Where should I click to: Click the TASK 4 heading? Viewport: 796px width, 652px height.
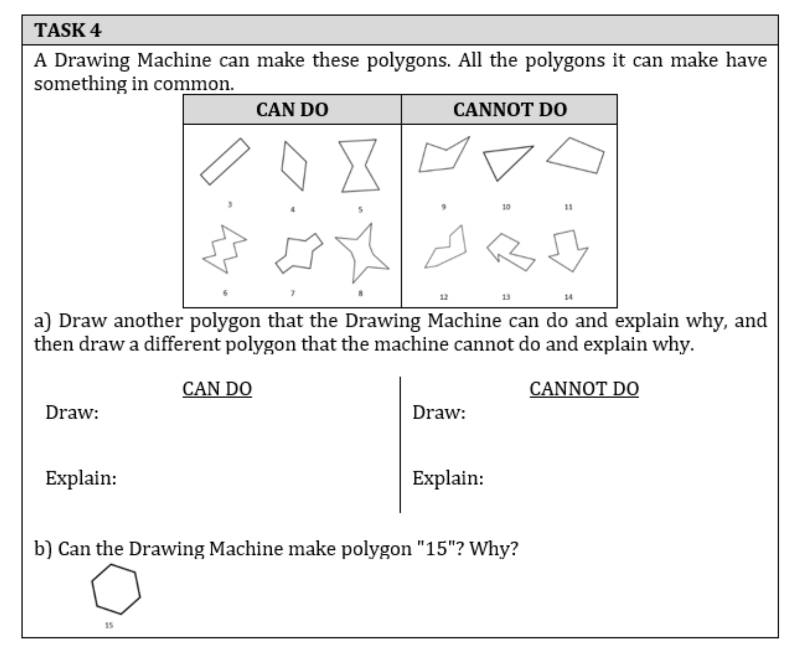pyautogui.click(x=68, y=31)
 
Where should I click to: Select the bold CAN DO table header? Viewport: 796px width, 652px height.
pyautogui.click(x=292, y=109)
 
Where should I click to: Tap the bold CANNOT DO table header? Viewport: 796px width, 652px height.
pyautogui.click(x=510, y=109)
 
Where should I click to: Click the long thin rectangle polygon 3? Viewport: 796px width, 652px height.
pyautogui.click(x=225, y=162)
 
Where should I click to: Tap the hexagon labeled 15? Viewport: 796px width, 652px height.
pyautogui.click(x=116, y=589)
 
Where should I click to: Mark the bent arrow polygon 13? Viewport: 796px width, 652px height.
pyautogui.click(x=510, y=252)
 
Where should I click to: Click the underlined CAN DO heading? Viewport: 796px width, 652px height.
pyautogui.click(x=217, y=389)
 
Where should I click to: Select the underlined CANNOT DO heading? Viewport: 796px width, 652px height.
pyautogui.click(x=584, y=389)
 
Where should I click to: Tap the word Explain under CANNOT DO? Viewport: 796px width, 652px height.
pyautogui.click(x=448, y=478)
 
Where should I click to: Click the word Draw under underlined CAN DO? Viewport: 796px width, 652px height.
pyautogui.click(x=72, y=413)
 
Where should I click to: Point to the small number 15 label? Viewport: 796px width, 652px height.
pyautogui.click(x=109, y=626)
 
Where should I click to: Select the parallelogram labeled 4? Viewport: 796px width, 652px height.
pyautogui.click(x=294, y=166)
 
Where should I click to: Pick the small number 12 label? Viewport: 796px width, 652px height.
pyautogui.click(x=444, y=297)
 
